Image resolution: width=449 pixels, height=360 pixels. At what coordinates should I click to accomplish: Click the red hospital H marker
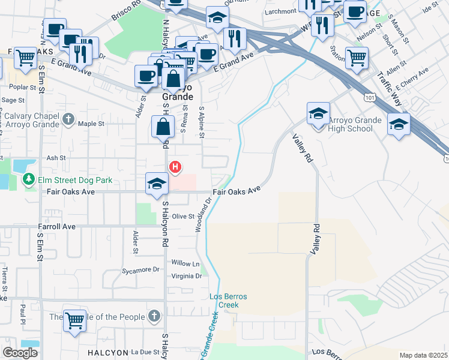click(x=175, y=167)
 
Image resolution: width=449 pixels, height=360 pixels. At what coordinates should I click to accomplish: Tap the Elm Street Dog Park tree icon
click(x=28, y=179)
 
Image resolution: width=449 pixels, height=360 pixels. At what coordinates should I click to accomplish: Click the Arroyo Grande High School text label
click(x=355, y=124)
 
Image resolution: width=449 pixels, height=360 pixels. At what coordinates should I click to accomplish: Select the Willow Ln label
click(x=185, y=263)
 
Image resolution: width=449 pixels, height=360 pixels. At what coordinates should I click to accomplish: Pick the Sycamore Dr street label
click(x=140, y=270)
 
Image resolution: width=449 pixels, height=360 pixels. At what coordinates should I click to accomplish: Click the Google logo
click(x=20, y=353)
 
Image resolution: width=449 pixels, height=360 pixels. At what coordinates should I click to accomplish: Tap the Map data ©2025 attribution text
click(x=423, y=355)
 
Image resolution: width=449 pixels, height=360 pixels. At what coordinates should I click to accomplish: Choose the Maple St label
click(x=91, y=124)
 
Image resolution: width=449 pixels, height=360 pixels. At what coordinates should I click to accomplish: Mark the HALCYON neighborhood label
click(x=106, y=352)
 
